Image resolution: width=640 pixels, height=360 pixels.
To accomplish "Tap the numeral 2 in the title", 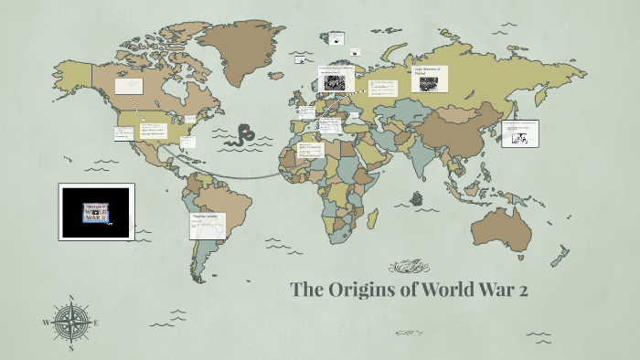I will (x=522, y=291).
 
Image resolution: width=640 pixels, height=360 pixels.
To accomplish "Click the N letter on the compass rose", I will (x=70, y=298).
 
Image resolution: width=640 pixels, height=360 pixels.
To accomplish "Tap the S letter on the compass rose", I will (x=70, y=348).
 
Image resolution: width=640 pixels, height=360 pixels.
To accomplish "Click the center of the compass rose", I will (x=70, y=323).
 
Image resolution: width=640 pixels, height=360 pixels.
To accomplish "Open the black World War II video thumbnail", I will (x=96, y=211).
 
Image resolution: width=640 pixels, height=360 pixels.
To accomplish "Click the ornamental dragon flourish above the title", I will (x=409, y=267).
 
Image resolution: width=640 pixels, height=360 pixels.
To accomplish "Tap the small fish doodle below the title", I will (x=408, y=333).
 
